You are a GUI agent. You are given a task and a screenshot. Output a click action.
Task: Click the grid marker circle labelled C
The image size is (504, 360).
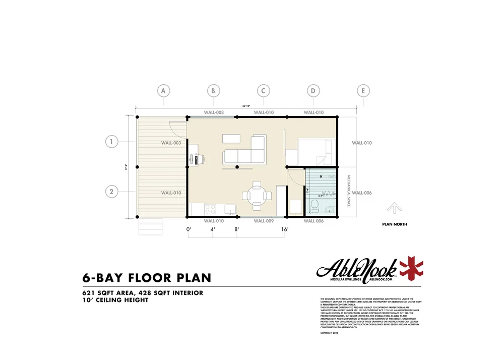(263, 91)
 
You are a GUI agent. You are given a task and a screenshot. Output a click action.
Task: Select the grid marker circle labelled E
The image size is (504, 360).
(363, 91)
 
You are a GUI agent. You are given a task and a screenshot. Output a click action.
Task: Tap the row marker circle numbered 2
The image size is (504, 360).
(112, 192)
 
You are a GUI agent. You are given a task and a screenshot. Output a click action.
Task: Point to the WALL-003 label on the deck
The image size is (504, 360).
(171, 143)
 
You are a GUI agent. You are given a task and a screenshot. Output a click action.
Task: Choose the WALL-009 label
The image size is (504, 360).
(263, 221)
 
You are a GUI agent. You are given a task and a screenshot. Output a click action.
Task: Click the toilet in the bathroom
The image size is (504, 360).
(314, 205)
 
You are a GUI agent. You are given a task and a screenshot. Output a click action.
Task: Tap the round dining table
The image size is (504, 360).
(257, 194)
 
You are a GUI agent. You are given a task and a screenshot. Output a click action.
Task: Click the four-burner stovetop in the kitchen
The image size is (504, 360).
(211, 208)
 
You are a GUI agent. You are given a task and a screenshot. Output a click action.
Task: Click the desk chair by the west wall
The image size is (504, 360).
(199, 158)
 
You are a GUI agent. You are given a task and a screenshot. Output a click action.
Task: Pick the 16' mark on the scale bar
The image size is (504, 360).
(285, 229)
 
